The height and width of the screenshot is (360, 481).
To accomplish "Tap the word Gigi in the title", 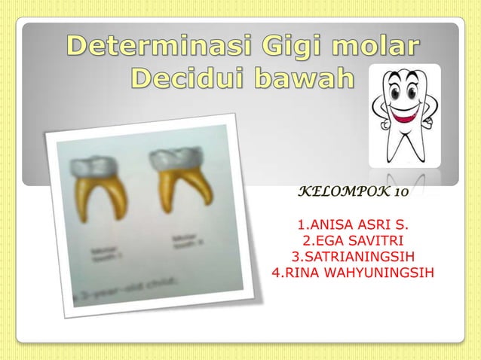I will tap(286, 49).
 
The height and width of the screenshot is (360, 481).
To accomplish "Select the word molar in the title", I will tap(375, 49).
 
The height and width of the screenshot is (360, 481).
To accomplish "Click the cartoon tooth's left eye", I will tap(397, 92).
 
